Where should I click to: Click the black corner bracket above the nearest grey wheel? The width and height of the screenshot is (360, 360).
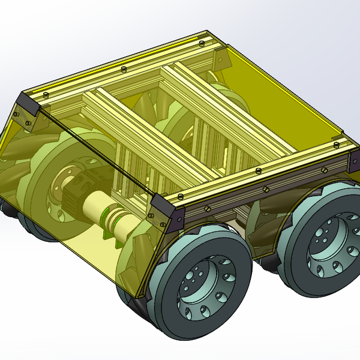tap(169, 212)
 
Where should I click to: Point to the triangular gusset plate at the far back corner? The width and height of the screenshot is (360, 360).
tap(220, 58)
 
